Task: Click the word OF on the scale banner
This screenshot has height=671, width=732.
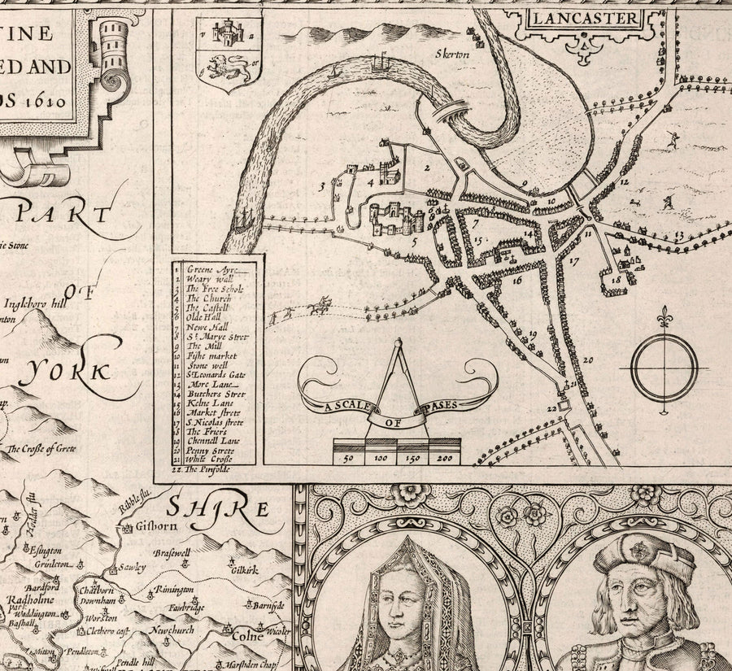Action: (398, 422)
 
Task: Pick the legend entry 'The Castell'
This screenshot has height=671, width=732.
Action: (209, 308)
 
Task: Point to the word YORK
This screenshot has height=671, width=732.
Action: (70, 373)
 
